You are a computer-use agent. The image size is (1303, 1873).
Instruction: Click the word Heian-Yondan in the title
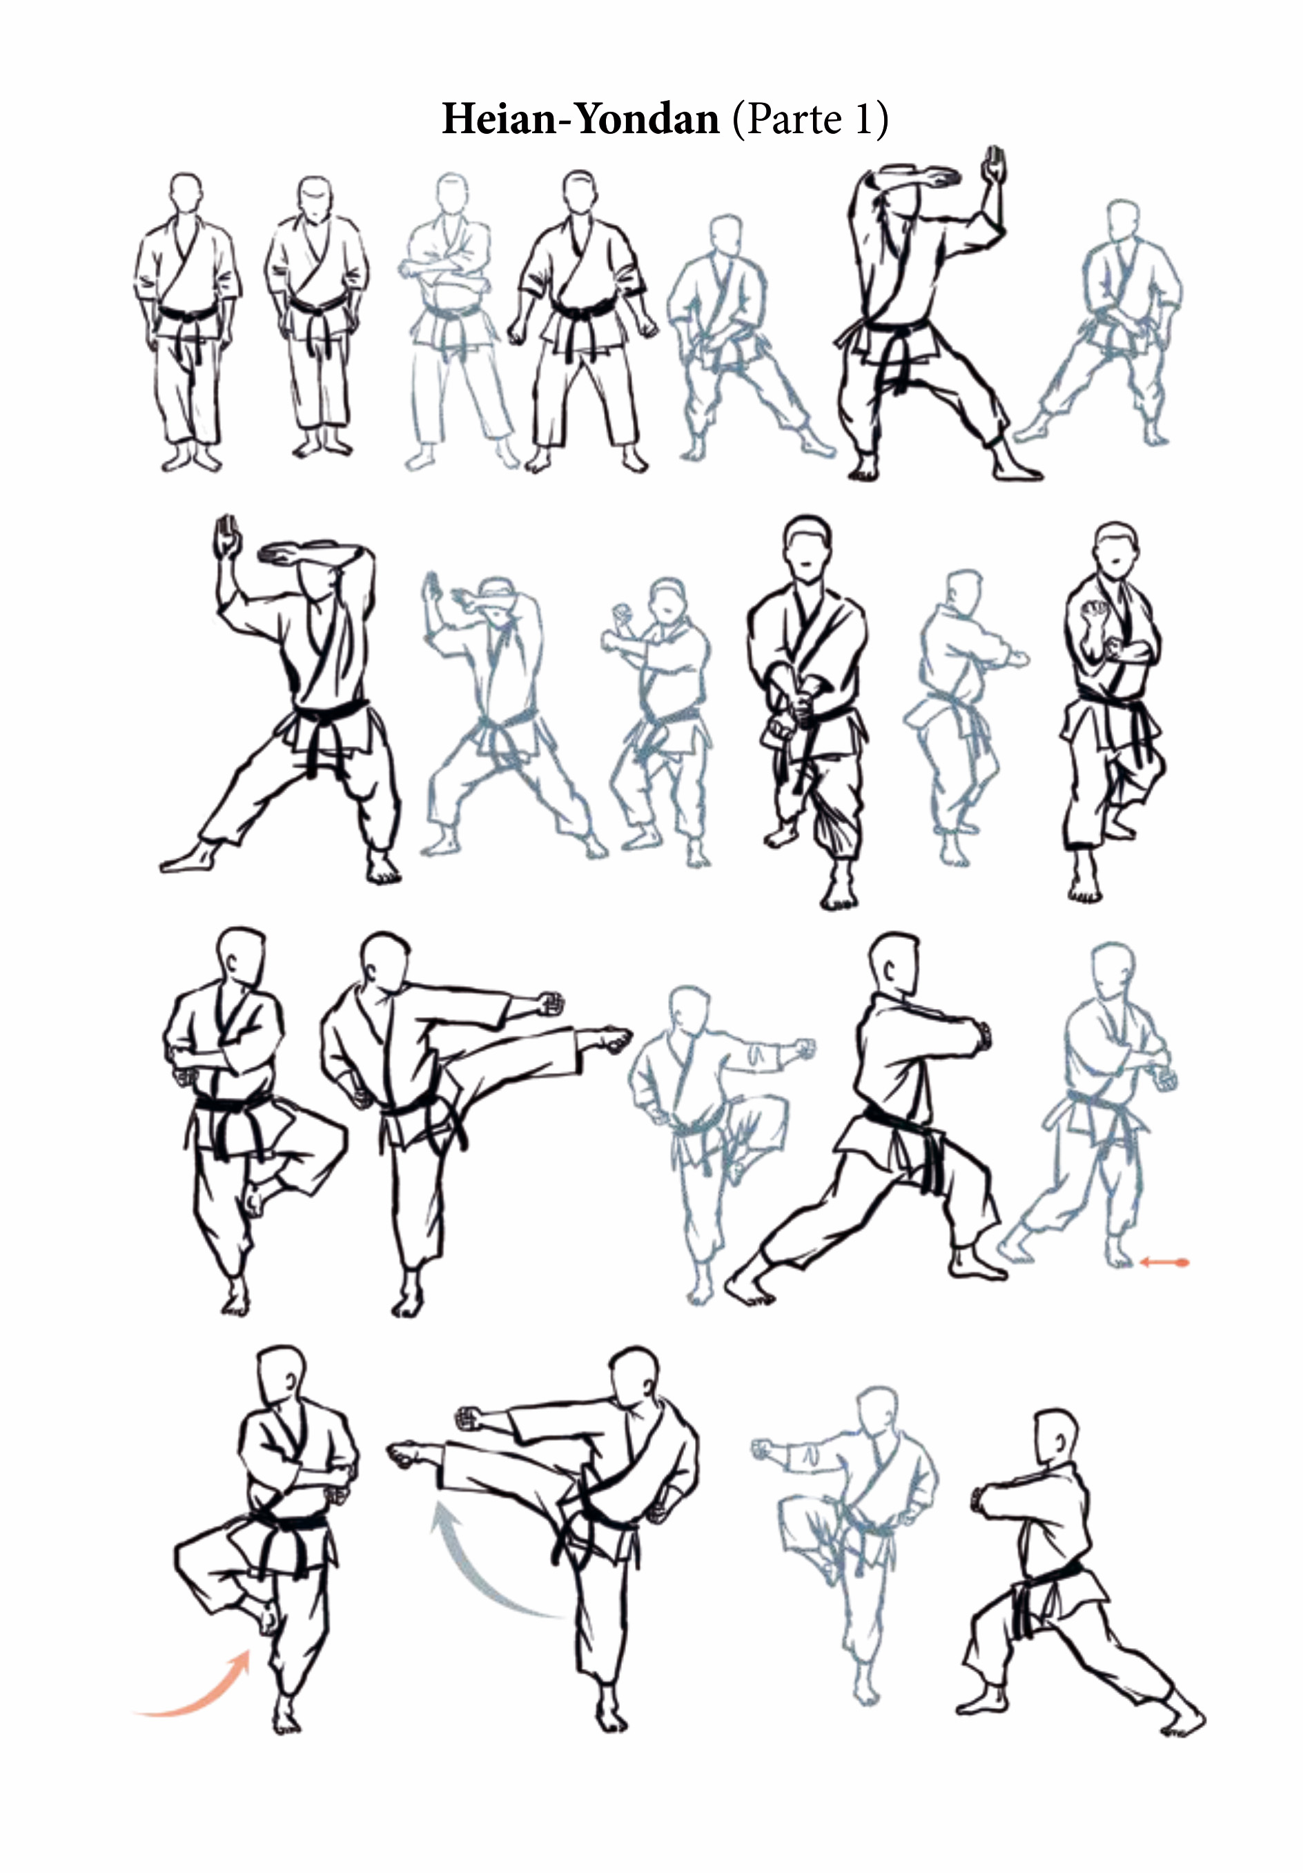[580, 119]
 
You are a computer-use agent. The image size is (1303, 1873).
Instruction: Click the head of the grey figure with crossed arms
[452, 194]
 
